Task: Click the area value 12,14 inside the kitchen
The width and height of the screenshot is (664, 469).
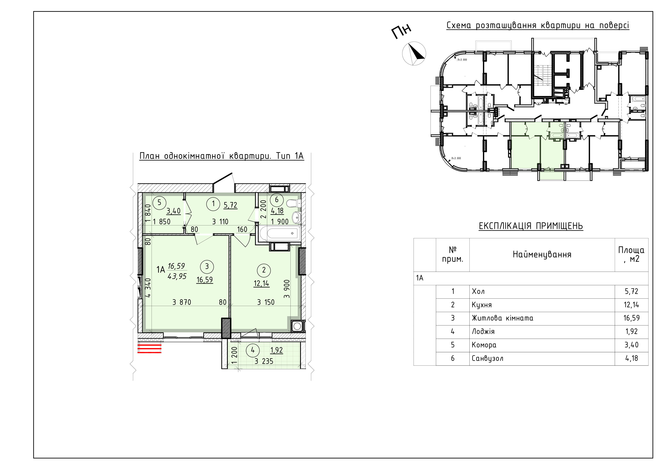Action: [x=261, y=283]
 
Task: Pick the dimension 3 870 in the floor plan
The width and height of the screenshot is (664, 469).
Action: [x=182, y=302]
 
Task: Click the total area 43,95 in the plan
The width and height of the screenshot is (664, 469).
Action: [x=177, y=276]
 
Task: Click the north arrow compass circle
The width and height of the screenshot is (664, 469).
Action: [x=414, y=54]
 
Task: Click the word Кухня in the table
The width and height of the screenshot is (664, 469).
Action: [x=482, y=305]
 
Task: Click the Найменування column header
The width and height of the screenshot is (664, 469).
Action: [x=542, y=255]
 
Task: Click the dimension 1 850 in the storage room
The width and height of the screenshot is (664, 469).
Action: [x=162, y=222]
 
